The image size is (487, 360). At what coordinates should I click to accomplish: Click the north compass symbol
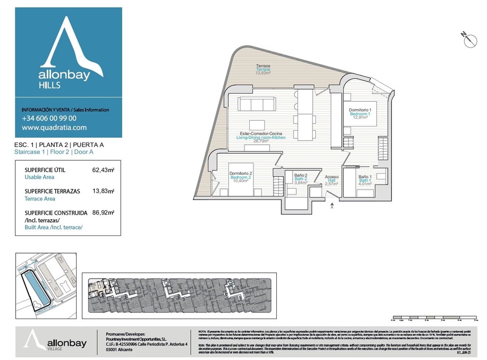tap(469, 40)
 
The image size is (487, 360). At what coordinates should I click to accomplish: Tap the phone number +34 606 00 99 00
tap(49, 118)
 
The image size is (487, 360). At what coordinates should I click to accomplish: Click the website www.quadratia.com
tap(54, 127)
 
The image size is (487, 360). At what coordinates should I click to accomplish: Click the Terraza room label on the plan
tap(263, 66)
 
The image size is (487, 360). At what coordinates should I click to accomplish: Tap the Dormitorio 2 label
tap(241, 173)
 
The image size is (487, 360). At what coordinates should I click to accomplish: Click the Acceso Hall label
tap(332, 177)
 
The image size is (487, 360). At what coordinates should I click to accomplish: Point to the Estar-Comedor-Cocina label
tap(261, 134)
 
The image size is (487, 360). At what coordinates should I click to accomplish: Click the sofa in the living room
tap(257, 104)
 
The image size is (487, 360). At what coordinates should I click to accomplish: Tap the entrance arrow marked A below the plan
tap(331, 205)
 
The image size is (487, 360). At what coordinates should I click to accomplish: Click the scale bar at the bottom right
tap(433, 317)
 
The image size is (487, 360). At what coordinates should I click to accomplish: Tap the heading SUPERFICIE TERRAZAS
tap(52, 191)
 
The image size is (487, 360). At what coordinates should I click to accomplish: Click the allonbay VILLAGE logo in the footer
tap(55, 341)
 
